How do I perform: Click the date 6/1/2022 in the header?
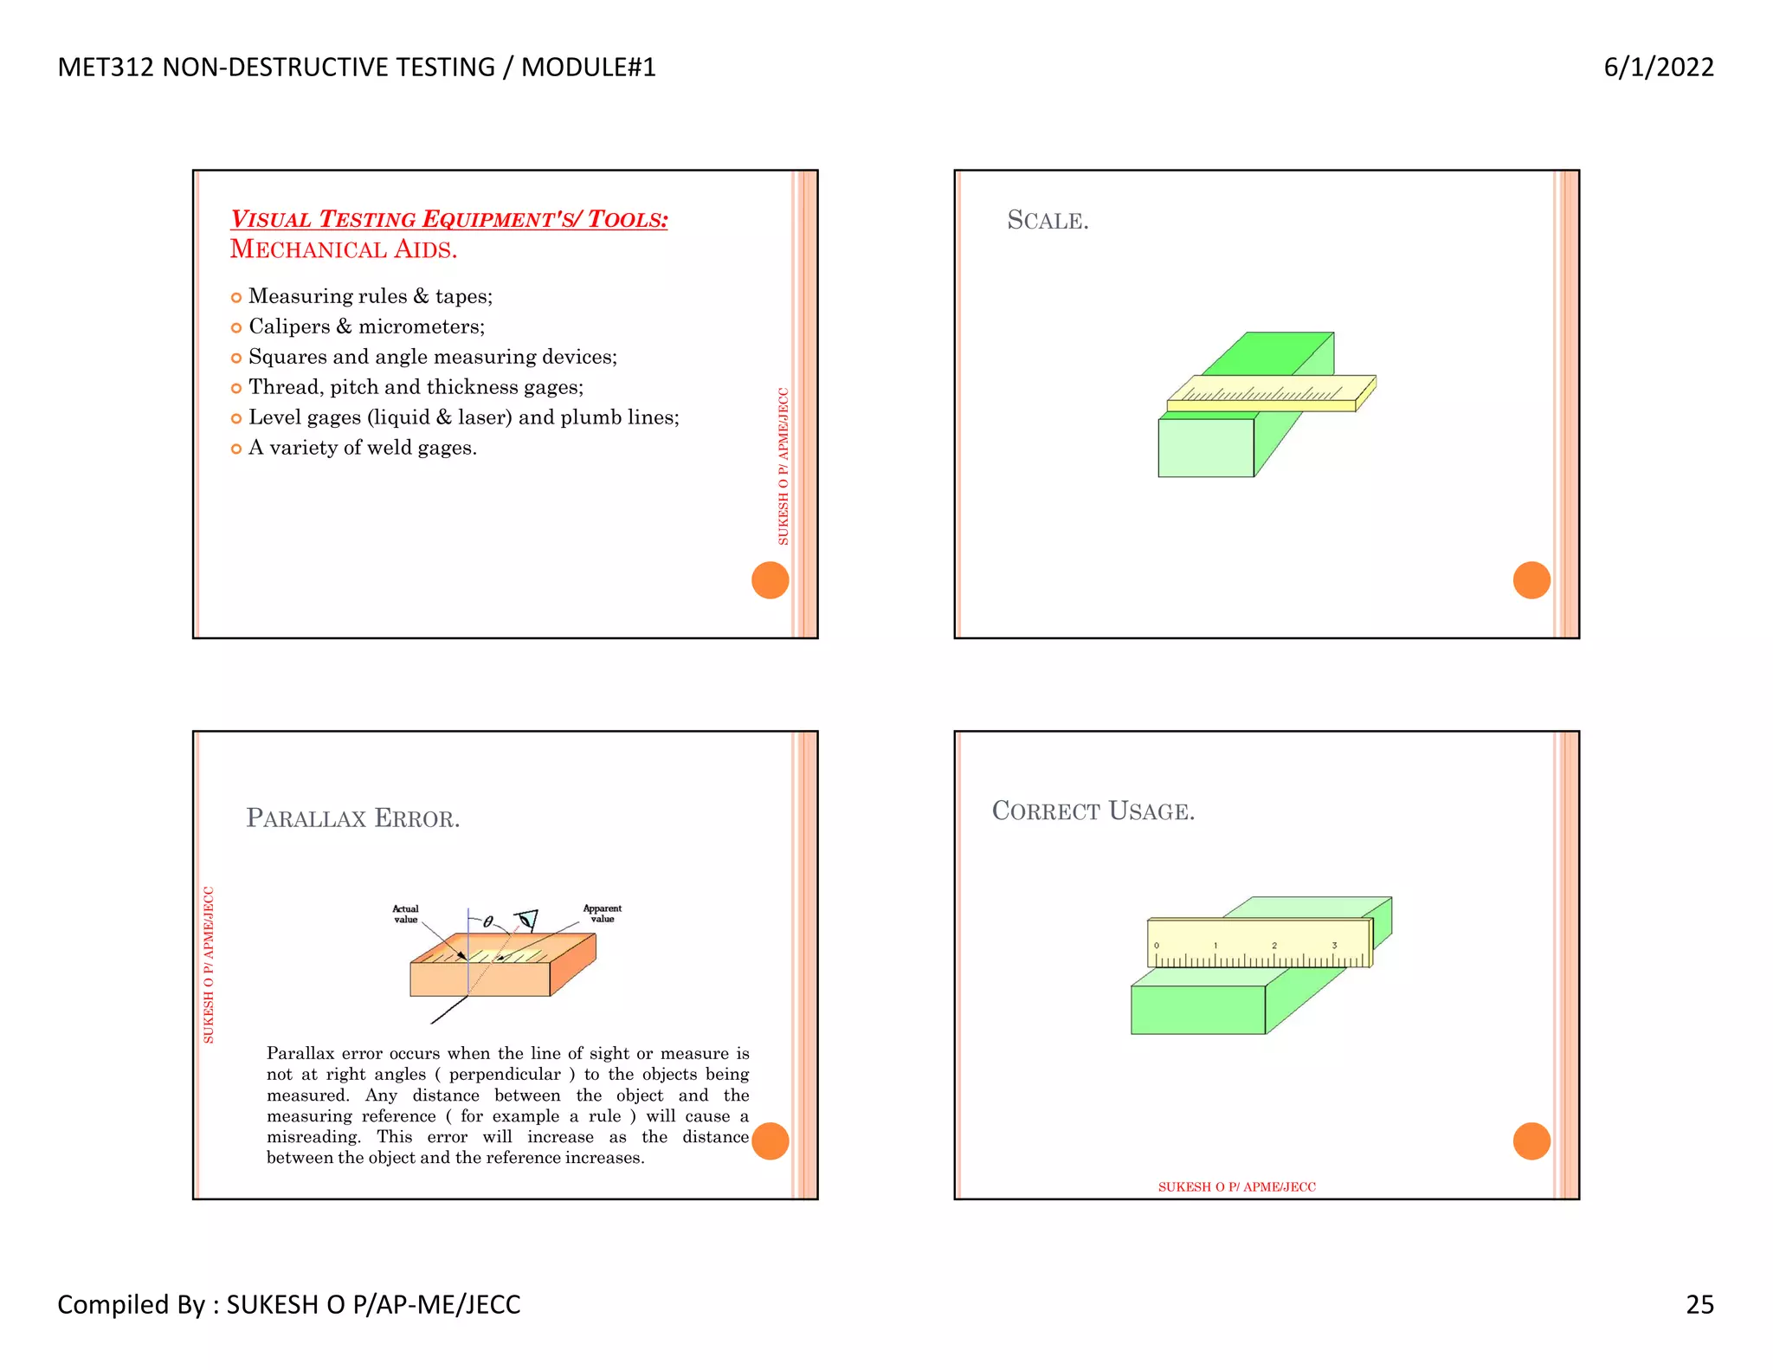[x=1658, y=67]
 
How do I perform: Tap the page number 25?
[x=1699, y=1304]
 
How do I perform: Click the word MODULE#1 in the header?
[x=589, y=67]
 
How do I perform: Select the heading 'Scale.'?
[x=1048, y=220]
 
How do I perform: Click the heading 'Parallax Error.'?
[x=352, y=818]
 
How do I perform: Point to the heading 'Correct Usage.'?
[x=1093, y=811]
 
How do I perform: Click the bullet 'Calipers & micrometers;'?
[x=366, y=326]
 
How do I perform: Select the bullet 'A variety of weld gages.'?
[x=362, y=448]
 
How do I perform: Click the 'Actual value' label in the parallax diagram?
[x=405, y=914]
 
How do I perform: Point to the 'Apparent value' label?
[x=602, y=914]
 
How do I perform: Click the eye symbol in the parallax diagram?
[x=526, y=920]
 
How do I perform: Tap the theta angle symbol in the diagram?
[x=488, y=922]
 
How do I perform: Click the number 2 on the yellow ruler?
[x=1274, y=946]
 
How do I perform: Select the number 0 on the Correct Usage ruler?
[x=1157, y=946]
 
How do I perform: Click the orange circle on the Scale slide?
[x=1531, y=580]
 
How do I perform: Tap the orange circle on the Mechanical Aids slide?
[x=770, y=580]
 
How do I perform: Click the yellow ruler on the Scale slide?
[x=1264, y=391]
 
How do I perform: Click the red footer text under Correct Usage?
[x=1236, y=1186]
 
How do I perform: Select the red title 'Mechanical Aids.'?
[x=343, y=249]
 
